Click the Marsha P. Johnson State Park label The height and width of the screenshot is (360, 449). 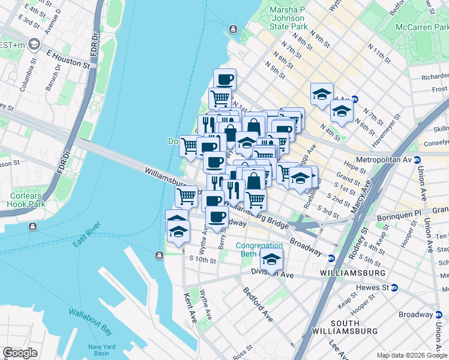coord(288,18)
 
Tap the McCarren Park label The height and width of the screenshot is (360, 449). coord(418,27)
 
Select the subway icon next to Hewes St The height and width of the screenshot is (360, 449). coord(394,287)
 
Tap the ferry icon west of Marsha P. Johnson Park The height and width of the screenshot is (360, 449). coord(234,29)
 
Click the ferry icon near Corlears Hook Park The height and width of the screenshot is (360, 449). coord(32,226)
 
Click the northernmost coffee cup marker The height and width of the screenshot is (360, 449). coord(224,79)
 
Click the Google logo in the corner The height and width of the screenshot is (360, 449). coord(20,353)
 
